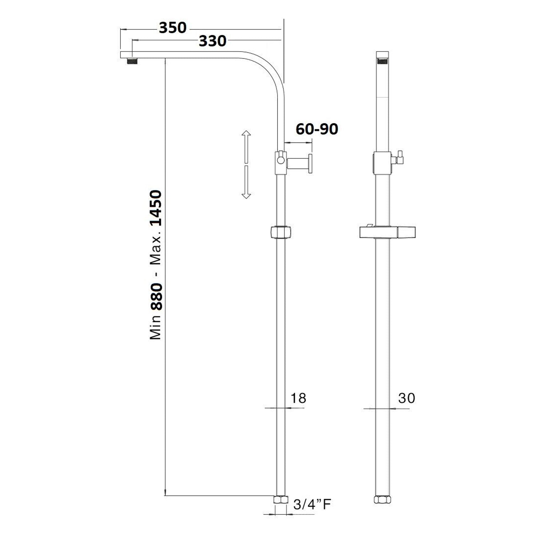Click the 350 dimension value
pyautogui.click(x=172, y=28)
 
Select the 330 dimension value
pyautogui.click(x=212, y=42)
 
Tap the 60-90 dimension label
pyautogui.click(x=317, y=129)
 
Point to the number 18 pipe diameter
pyautogui.click(x=298, y=398)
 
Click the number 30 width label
pyautogui.click(x=407, y=398)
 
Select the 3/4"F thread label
pyautogui.click(x=312, y=504)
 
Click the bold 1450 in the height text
pyautogui.click(x=156, y=208)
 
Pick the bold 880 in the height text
pyautogui.click(x=156, y=297)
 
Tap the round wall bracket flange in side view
pyautogui.click(x=310, y=164)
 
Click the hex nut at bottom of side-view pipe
pyautogui.click(x=281, y=500)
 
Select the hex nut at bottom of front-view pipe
pyautogui.click(x=382, y=500)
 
